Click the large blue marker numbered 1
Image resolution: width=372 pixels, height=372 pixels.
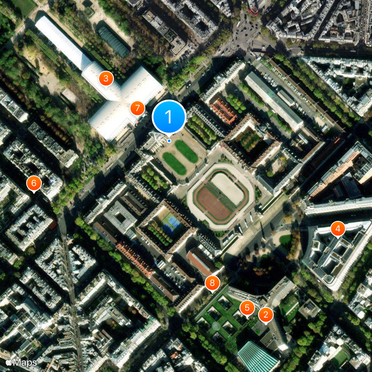[169, 117]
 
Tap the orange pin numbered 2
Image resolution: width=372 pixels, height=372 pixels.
[266, 315]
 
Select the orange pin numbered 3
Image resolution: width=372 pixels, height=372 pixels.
[106, 79]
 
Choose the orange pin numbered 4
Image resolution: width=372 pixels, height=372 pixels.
[338, 229]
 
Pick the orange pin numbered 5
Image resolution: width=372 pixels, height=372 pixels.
[247, 307]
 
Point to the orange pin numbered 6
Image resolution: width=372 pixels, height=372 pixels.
[34, 183]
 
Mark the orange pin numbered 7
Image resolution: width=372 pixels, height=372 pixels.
[137, 108]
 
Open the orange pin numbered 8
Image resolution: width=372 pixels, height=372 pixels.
[212, 282]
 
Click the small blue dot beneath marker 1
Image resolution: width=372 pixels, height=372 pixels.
[169, 140]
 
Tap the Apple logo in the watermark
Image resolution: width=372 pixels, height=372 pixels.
[8, 362]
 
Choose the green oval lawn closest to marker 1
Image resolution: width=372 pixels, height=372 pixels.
[186, 151]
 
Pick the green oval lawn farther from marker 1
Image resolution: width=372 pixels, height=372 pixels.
[174, 163]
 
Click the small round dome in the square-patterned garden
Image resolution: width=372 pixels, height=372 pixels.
[216, 326]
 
